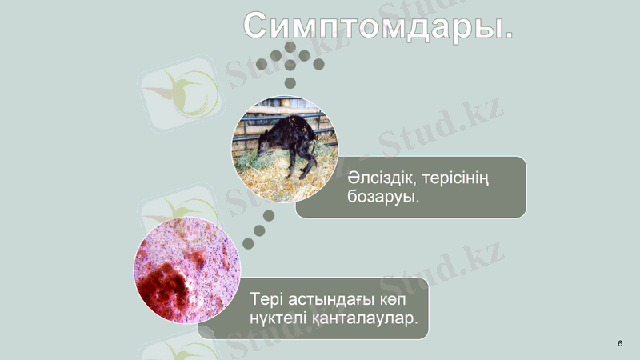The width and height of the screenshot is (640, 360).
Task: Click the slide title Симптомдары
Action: (378, 26)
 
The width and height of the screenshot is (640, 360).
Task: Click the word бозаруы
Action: (384, 197)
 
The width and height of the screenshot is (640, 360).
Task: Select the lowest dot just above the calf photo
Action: (290, 82)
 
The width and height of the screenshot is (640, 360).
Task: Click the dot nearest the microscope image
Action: (248, 243)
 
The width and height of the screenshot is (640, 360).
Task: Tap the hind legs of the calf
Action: (304, 160)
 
